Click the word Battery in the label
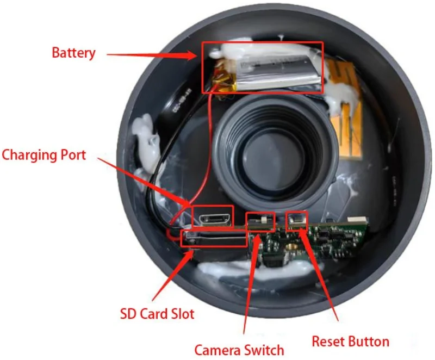[x=73, y=53]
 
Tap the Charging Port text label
[x=44, y=155]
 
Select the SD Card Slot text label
[x=157, y=314]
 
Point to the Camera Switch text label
[x=239, y=349]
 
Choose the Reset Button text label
[x=350, y=342]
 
